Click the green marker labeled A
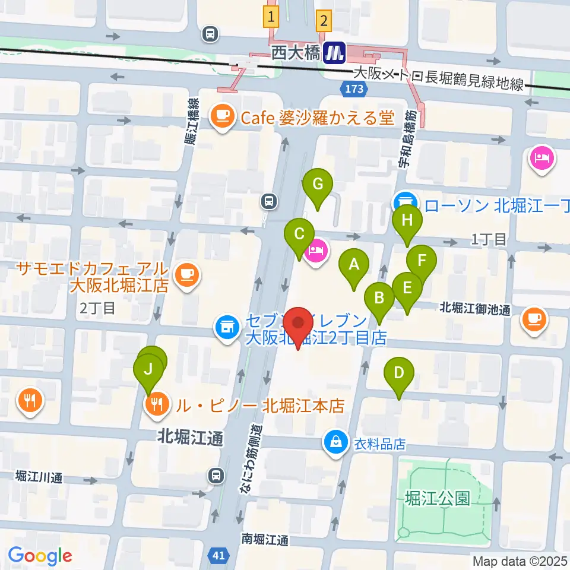354,265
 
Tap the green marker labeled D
399,373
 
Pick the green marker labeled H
407,221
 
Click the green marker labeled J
148,369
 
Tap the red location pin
298,325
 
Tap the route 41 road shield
218,555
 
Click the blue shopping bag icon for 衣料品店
335,443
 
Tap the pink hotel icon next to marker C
316,252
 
